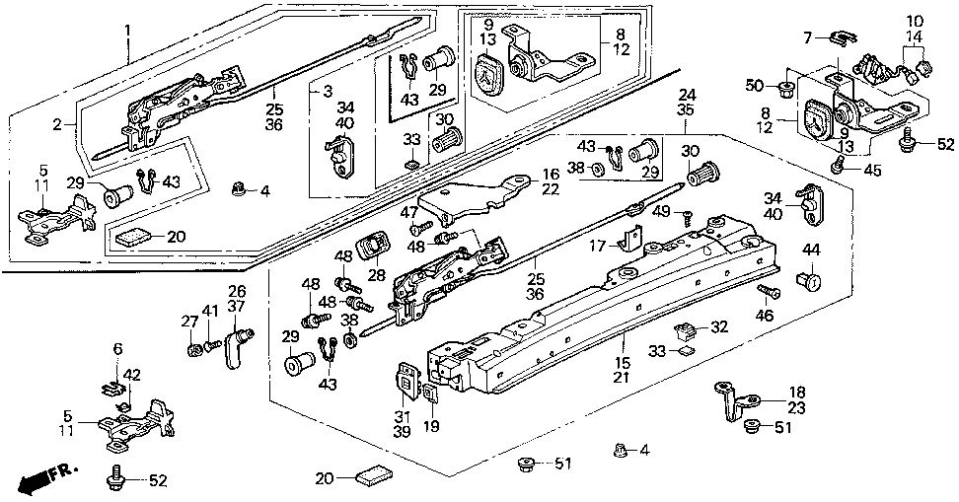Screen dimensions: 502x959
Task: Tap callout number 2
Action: pos(58,123)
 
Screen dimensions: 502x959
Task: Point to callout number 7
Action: pos(808,36)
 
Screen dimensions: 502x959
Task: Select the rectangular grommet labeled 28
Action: pos(375,245)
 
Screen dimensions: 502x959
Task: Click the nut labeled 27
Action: pos(193,347)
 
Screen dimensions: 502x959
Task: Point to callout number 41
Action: pos(208,313)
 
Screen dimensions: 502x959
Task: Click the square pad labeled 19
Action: pos(431,394)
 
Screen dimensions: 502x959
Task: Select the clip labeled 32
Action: pos(682,326)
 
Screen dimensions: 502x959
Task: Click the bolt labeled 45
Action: pos(838,168)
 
